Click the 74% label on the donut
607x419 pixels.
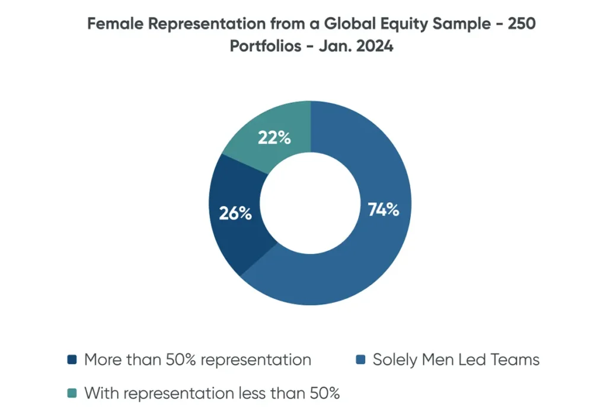384,209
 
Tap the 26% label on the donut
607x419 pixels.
235,214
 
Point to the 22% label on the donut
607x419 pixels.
274,138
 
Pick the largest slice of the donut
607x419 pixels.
379,249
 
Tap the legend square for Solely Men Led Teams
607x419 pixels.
359,360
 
